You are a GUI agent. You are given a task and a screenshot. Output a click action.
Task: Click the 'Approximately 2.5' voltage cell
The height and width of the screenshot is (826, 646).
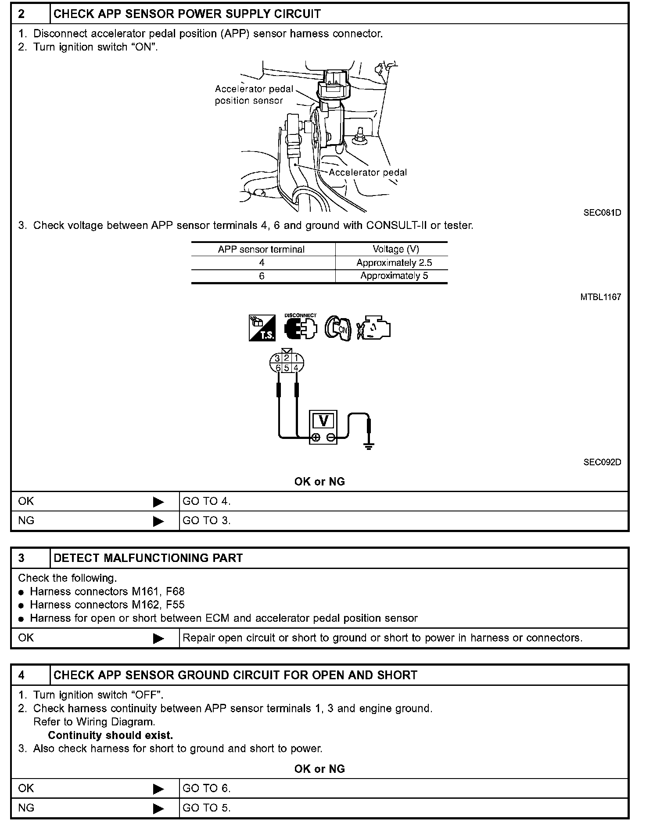pos(394,263)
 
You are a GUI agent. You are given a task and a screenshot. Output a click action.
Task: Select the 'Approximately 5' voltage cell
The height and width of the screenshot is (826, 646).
pos(394,276)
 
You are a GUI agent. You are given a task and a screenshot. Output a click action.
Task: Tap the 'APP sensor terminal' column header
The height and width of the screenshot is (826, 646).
pos(261,249)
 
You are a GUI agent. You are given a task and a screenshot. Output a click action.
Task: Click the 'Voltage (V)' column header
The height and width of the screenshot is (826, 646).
pos(395,249)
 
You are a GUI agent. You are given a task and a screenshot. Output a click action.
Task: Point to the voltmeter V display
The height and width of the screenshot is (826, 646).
pos(323,421)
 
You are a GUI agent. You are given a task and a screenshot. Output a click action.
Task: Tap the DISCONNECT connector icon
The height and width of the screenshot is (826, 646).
pos(301,328)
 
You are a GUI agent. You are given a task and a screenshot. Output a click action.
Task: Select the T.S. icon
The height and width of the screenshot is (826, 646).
pos(262,328)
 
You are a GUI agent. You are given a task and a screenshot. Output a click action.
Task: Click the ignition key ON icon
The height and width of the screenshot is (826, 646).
pos(338,329)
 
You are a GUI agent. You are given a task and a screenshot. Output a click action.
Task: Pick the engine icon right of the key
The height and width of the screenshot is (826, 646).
pos(373,328)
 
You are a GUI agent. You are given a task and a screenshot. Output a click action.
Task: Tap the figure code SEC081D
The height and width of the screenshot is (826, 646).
pos(602,213)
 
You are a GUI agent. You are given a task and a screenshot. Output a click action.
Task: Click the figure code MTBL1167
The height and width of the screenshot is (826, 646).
pos(600,297)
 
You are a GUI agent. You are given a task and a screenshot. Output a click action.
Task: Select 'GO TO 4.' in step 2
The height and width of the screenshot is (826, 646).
pos(206,501)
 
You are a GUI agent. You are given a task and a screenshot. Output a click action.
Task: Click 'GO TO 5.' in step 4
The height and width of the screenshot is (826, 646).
pos(206,808)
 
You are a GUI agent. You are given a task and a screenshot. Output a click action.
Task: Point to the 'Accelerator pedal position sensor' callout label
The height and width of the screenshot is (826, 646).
pos(253,95)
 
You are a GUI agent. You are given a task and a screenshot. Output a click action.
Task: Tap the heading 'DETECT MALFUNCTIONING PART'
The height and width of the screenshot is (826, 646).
pos(148,558)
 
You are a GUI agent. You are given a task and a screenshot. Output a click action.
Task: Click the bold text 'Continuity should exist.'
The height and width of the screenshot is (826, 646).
pos(110,735)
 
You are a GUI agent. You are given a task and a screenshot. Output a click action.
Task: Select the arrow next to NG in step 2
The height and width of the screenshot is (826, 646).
pos(158,521)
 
